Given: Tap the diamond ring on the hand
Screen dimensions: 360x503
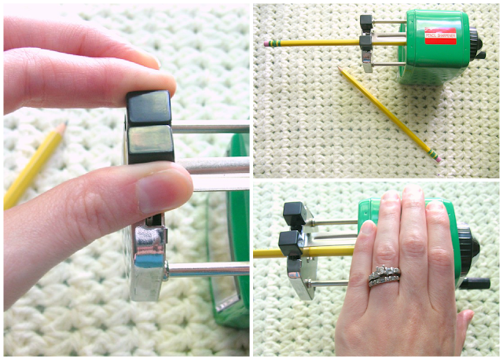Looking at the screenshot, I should pos(384,275).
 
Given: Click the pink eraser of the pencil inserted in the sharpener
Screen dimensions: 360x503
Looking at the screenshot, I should pos(267,44).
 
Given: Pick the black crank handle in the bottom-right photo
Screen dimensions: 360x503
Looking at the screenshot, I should pos(475,281).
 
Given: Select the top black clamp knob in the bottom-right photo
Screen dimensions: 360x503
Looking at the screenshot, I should pos(293,211).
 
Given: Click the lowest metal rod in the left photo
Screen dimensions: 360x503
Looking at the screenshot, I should pos(208,269).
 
